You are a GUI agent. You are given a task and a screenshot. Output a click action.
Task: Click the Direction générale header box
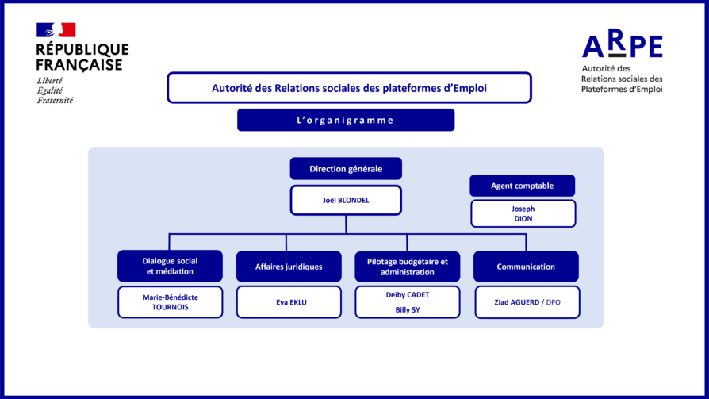click(346, 169)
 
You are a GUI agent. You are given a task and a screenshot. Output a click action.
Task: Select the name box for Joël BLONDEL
click(346, 201)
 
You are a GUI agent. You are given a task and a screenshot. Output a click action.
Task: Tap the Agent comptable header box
click(522, 186)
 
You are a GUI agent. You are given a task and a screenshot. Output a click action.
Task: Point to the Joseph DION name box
click(523, 213)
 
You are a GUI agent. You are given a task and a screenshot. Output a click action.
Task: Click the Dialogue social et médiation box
click(170, 267)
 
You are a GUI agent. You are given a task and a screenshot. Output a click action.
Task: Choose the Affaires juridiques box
click(289, 267)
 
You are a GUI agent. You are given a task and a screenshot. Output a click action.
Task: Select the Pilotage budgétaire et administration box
click(407, 267)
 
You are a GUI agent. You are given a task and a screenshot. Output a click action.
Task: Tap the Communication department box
click(526, 267)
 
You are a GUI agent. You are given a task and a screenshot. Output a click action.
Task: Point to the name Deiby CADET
click(408, 295)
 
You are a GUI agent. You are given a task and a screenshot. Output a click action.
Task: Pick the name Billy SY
click(408, 309)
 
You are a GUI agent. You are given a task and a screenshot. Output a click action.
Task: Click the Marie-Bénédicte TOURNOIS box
click(170, 302)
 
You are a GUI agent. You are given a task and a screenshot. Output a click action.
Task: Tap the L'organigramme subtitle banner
click(345, 120)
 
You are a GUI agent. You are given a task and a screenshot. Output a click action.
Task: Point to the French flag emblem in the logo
click(56, 30)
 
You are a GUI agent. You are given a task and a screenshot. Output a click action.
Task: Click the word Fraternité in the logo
click(55, 101)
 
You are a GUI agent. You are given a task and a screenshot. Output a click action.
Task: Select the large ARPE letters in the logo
click(622, 47)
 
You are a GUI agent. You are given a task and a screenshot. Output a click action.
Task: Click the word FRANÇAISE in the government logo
click(79, 64)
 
